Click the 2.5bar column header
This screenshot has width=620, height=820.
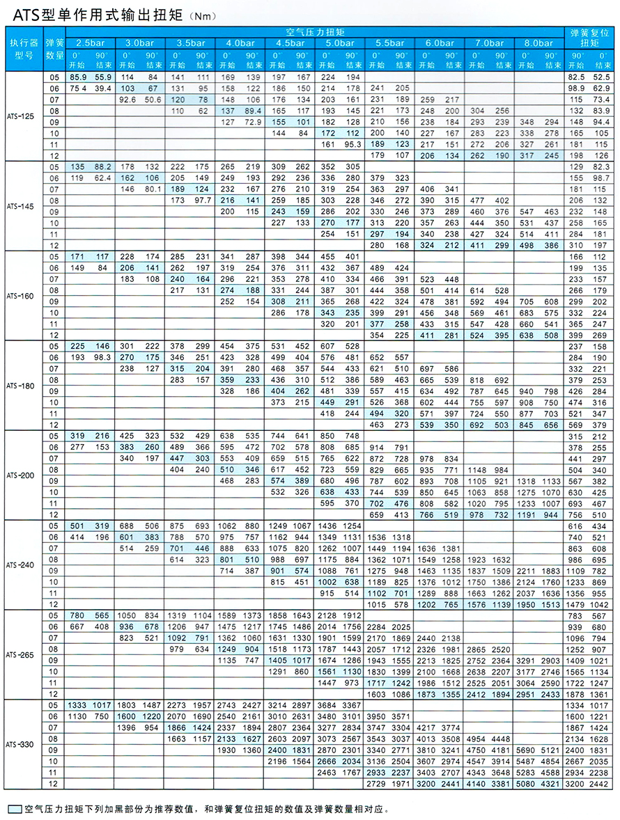tap(91, 43)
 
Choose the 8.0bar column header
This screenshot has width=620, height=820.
tap(538, 43)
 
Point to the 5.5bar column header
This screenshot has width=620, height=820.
tap(389, 43)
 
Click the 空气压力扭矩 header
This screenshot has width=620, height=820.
tap(314, 32)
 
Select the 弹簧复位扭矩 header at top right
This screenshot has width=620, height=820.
tap(589, 38)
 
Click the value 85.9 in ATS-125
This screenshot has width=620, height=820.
tap(77, 77)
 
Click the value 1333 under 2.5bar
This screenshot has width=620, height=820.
tap(77, 705)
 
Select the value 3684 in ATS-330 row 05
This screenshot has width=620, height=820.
tap(328, 705)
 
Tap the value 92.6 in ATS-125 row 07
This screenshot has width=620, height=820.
tap(127, 100)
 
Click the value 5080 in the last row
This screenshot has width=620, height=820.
tap(527, 784)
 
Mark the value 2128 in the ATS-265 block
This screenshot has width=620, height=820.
tap(328, 615)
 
